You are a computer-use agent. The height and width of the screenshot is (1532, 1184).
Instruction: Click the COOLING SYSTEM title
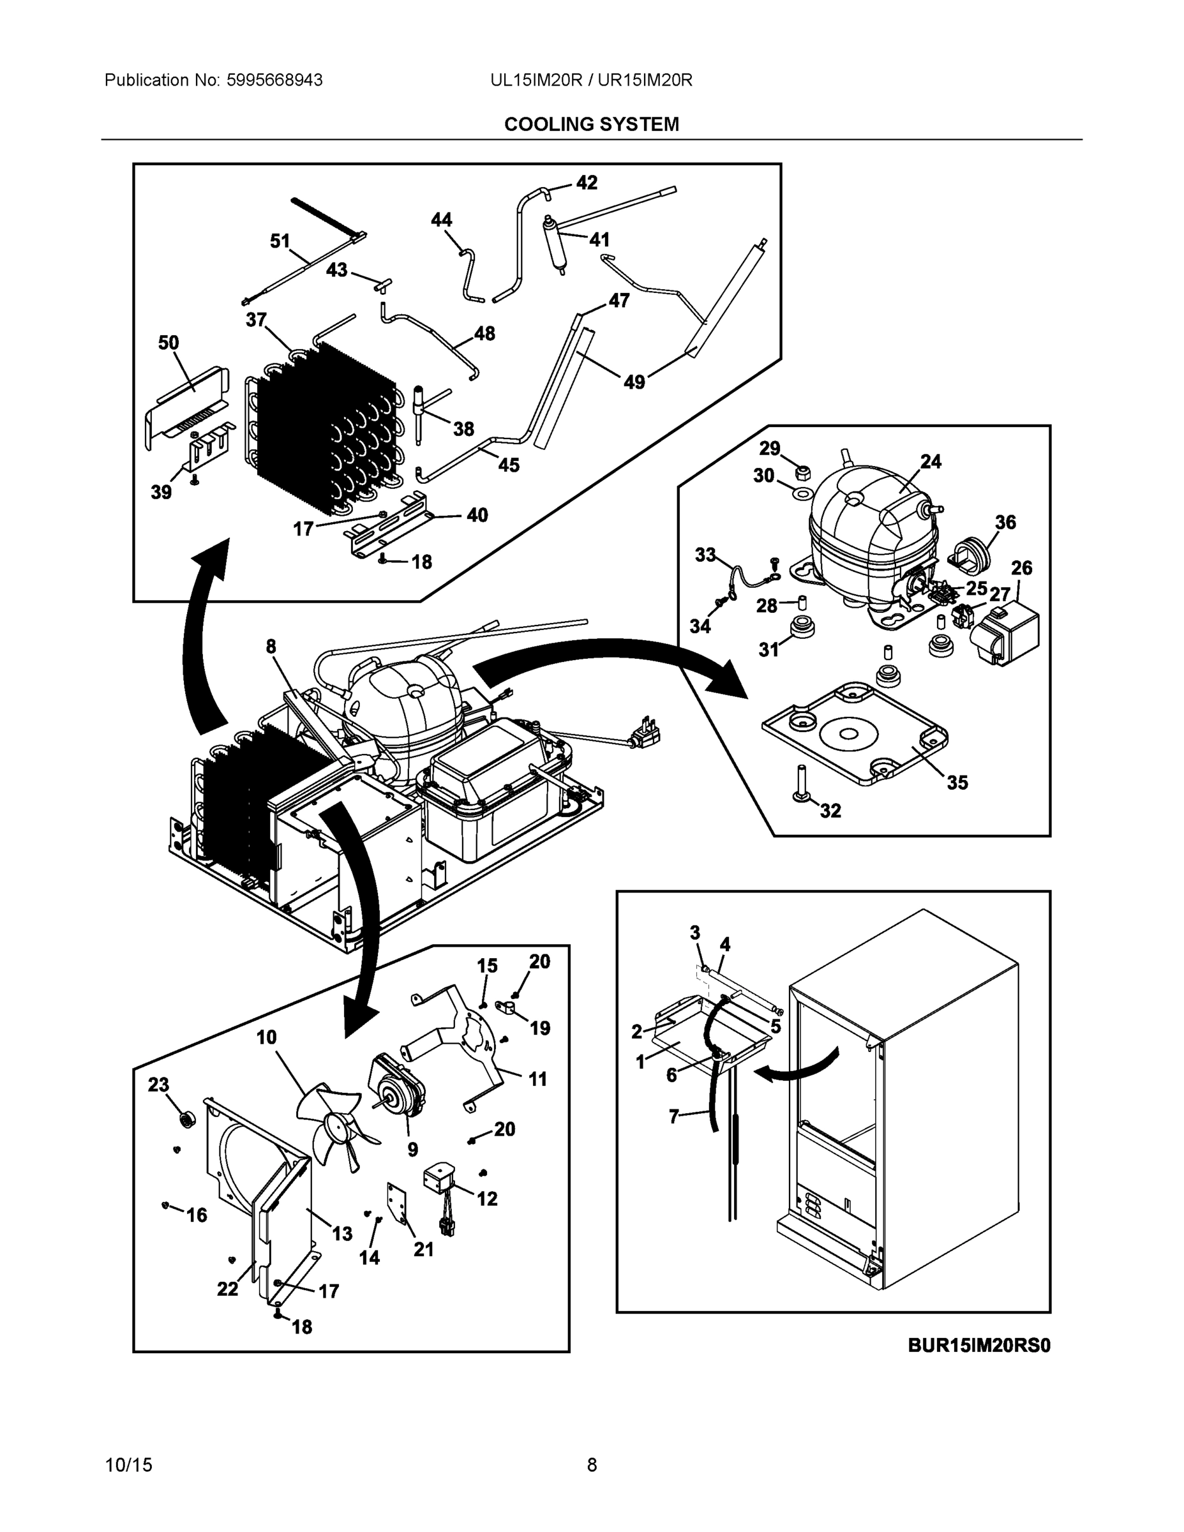[591, 124]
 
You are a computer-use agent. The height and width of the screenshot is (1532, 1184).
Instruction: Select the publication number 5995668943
[274, 80]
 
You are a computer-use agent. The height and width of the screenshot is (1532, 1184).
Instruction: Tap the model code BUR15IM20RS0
[978, 1346]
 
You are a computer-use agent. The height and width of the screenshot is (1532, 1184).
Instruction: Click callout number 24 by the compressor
[931, 462]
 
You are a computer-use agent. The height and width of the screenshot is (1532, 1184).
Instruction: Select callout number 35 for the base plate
[957, 782]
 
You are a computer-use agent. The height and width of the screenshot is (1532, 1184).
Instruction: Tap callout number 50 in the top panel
[169, 343]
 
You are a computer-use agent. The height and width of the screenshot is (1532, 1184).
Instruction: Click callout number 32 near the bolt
[830, 810]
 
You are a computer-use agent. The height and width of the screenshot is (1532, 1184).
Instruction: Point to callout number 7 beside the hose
[674, 1115]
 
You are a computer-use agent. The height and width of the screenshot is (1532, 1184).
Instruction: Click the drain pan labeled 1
[708, 1037]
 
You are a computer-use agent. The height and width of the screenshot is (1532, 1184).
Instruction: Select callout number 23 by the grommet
[158, 1085]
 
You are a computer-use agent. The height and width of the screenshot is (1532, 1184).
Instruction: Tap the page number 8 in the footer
[591, 1465]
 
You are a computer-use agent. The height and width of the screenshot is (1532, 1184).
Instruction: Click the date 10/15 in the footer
[128, 1465]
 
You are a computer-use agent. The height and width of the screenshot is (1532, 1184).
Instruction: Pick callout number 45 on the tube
[509, 465]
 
